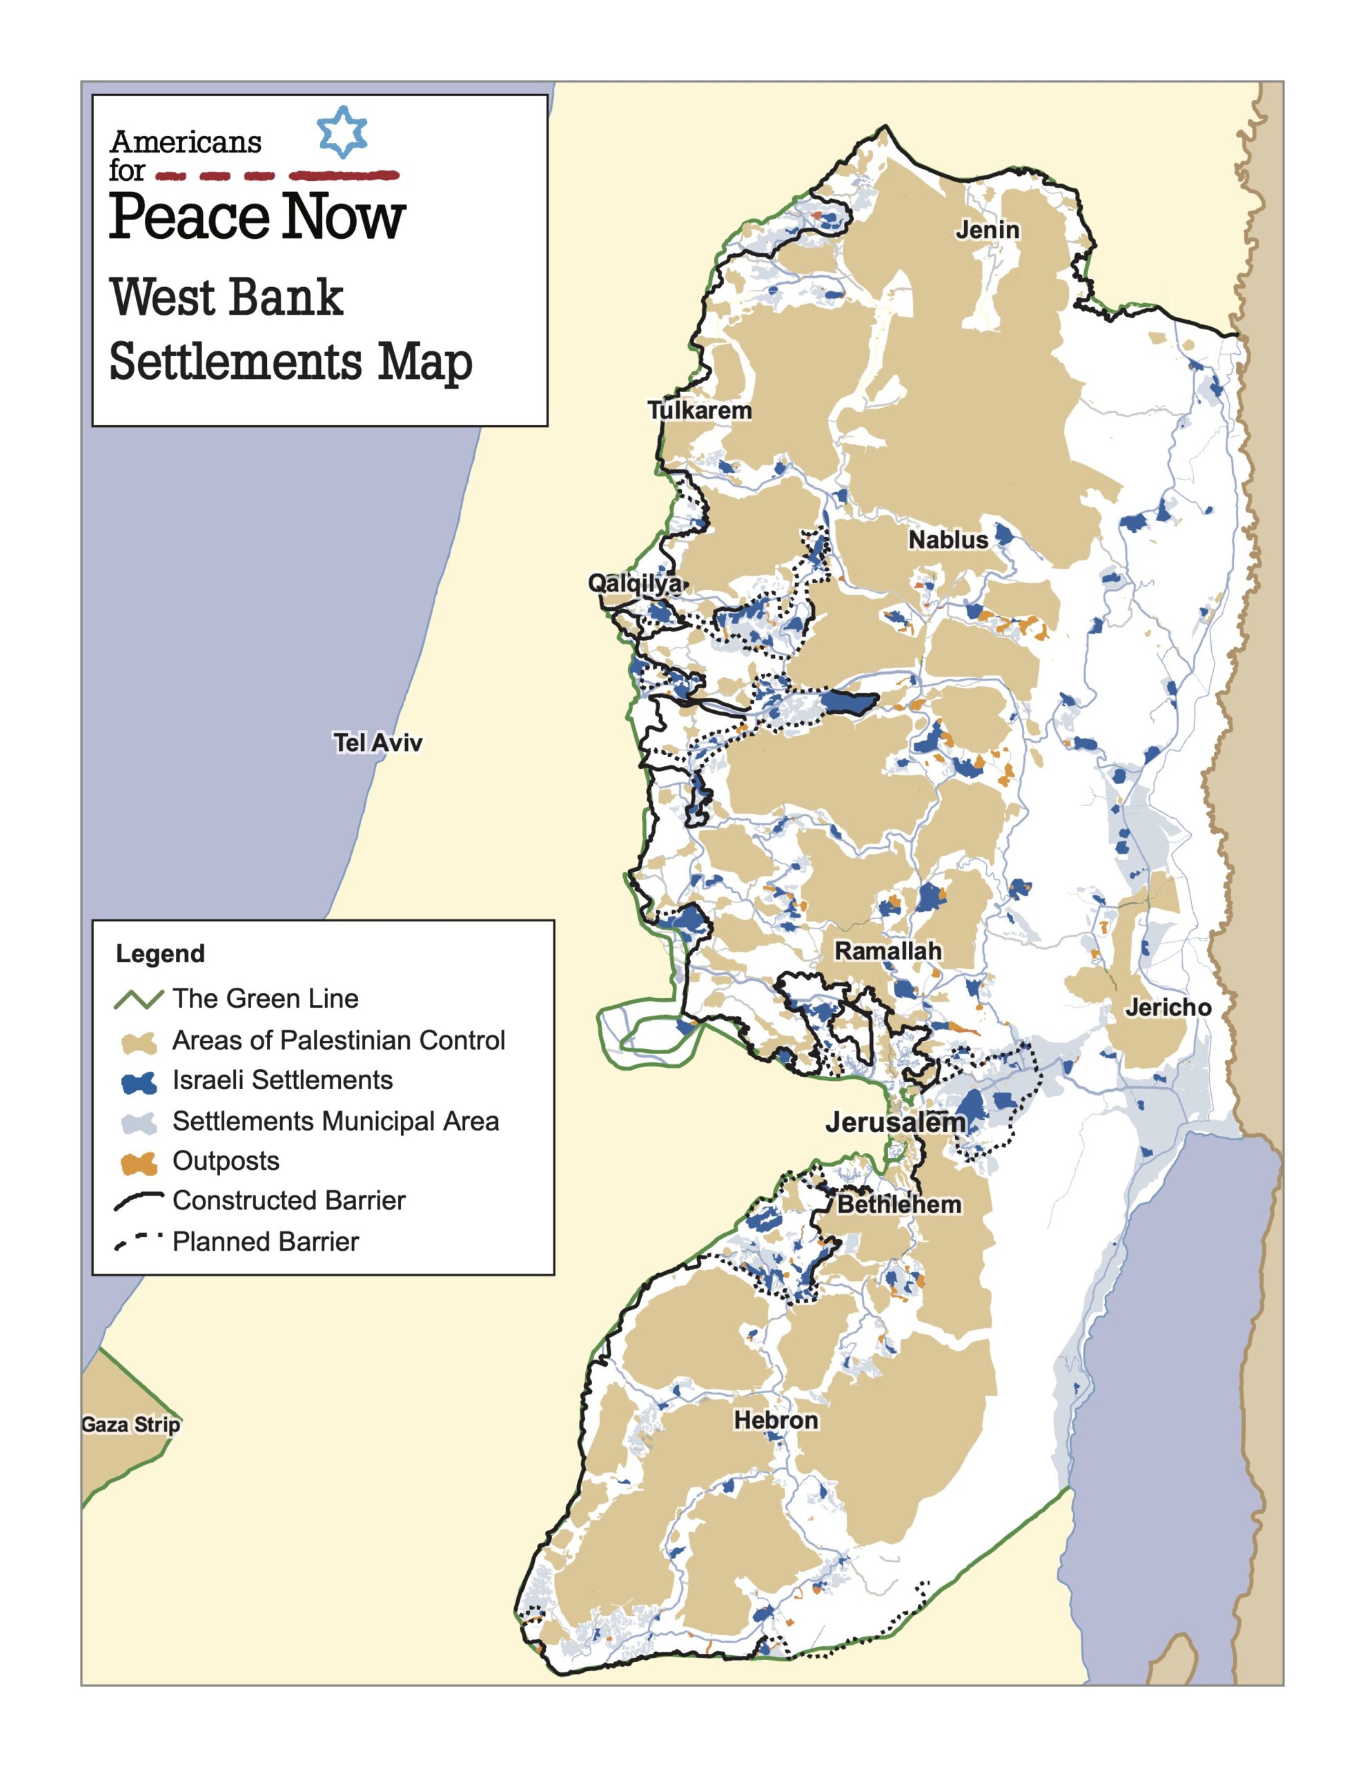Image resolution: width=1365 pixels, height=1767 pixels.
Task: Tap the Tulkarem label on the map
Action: coord(699,410)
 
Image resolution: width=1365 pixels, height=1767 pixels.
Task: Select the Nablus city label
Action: coord(947,540)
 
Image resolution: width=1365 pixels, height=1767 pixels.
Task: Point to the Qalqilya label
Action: coord(635,583)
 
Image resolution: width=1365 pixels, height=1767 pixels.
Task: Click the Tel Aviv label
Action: coord(378,743)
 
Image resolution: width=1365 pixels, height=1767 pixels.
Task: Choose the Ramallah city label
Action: coord(887,950)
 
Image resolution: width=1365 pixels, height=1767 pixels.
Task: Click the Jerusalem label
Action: coord(895,1122)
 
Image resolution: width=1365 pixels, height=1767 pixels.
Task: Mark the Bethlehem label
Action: coord(899,1204)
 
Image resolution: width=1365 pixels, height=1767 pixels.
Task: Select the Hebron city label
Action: coord(775,1420)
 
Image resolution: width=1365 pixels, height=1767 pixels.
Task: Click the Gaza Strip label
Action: coord(130,1425)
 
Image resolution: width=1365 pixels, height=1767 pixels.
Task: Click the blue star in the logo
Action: coord(342,131)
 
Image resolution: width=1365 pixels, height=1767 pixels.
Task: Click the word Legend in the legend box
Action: coord(160,954)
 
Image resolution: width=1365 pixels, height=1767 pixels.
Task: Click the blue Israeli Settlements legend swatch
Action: coord(138,1082)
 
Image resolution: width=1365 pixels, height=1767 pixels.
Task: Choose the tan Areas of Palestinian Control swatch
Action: coord(138,1042)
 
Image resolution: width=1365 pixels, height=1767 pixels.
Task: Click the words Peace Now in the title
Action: coord(257,217)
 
